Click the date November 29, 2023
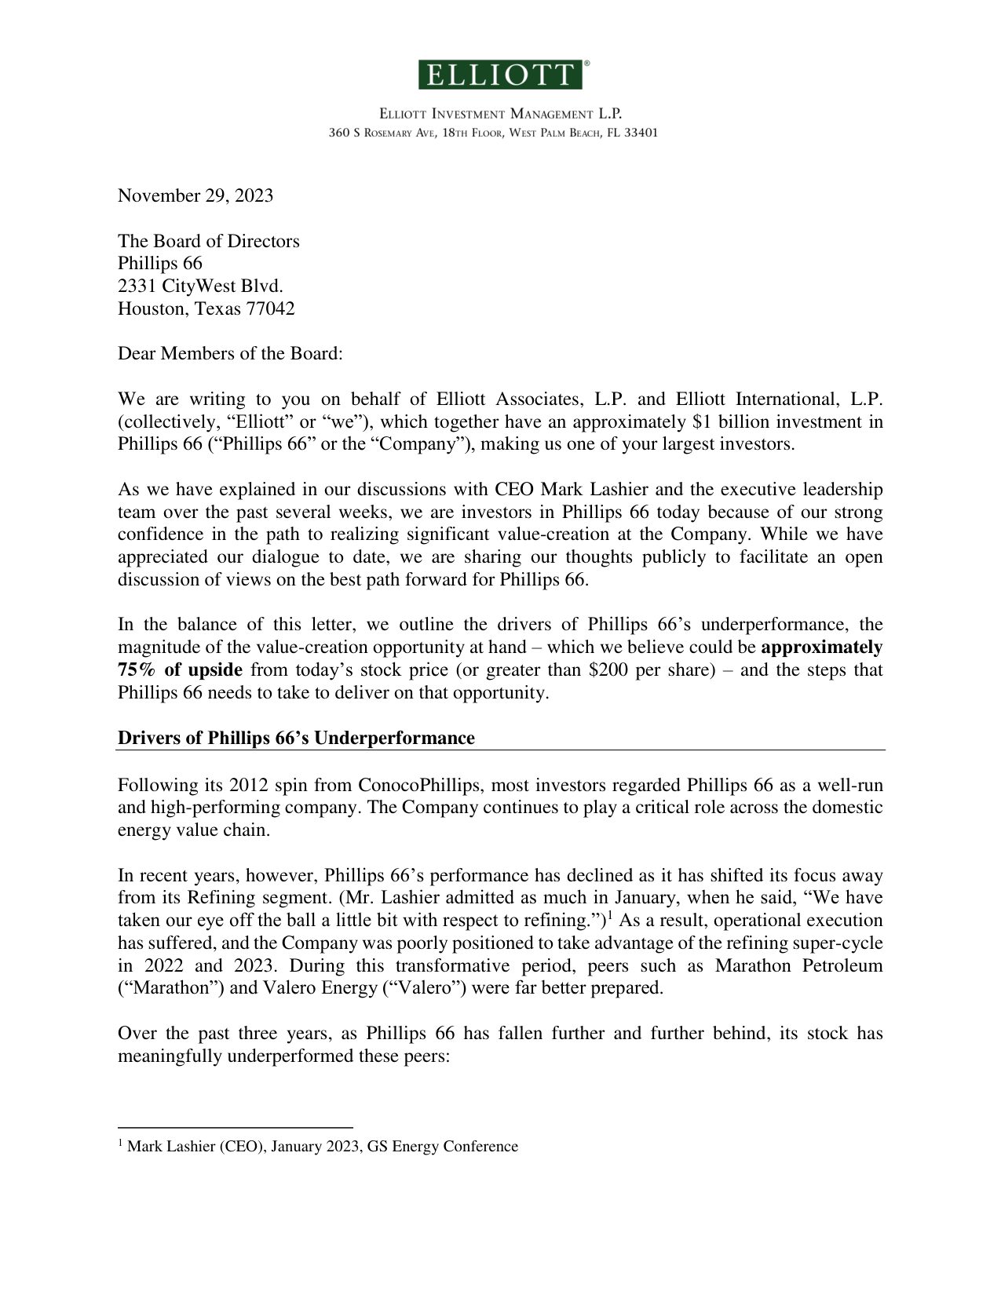195,195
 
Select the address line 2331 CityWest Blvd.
200,286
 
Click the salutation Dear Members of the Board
230,353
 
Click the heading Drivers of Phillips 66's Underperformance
296,739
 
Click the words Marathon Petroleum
798,965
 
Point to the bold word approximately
822,647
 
